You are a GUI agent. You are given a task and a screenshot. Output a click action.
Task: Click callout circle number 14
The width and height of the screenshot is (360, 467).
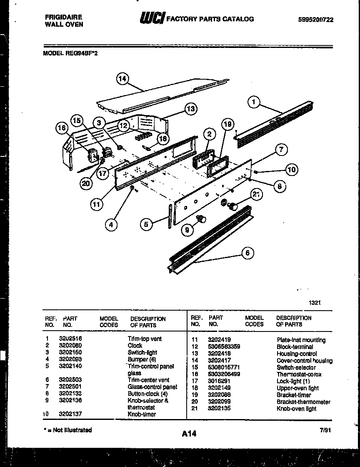[122, 79]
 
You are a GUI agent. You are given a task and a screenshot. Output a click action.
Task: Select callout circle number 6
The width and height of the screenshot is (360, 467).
[247, 253]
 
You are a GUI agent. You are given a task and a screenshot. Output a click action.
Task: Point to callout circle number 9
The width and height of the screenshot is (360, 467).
[188, 229]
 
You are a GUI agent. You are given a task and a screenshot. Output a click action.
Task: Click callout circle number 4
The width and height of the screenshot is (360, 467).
[111, 225]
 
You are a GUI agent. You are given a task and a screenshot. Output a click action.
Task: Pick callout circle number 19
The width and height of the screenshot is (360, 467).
[227, 124]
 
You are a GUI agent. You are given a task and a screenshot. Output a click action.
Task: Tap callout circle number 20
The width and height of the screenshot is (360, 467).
[86, 184]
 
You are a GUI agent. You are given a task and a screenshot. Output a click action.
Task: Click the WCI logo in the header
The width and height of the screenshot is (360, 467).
[152, 19]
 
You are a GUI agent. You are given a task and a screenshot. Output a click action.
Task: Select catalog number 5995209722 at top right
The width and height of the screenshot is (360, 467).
[316, 20]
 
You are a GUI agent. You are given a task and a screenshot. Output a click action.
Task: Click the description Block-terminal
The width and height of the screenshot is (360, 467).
[295, 346]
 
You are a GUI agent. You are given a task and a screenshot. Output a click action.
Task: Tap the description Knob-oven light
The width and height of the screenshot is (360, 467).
[296, 409]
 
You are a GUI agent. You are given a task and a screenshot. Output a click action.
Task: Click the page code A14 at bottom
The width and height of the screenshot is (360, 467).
[189, 434]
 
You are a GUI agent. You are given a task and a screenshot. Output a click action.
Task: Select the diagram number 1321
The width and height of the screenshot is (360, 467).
[315, 304]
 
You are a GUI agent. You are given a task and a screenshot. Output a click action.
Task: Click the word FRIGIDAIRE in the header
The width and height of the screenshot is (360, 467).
[63, 18]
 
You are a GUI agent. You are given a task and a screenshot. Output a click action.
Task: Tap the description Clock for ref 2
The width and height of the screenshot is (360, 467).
[135, 345]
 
